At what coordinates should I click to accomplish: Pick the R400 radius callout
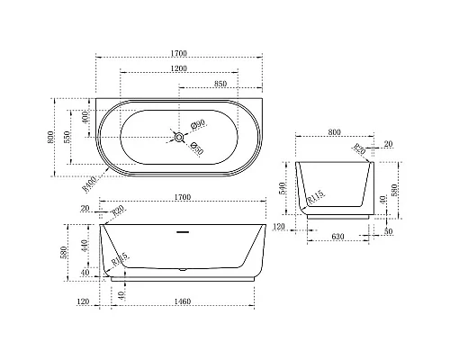88,184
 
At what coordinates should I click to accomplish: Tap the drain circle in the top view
180,138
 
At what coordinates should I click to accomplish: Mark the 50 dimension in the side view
388,230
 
